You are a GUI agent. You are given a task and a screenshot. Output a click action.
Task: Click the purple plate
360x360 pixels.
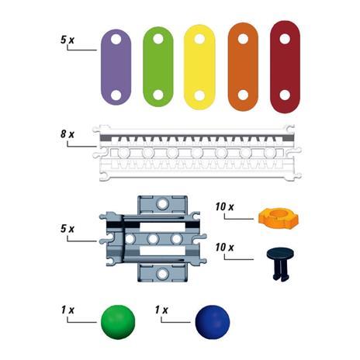coord(116,67)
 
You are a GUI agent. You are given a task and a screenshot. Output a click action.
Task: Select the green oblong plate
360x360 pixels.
coord(157,67)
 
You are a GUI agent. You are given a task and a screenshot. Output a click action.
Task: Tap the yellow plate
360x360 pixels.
coord(199,67)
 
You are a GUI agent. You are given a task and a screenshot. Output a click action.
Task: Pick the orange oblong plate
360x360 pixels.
coord(243,67)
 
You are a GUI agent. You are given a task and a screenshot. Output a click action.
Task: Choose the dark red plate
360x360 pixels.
coord(285,67)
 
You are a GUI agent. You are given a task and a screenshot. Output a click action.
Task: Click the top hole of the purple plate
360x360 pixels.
coord(116,40)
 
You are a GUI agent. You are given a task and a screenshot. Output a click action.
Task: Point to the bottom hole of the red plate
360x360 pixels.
coord(285,95)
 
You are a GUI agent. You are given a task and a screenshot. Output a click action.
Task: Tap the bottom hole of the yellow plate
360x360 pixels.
coord(199,95)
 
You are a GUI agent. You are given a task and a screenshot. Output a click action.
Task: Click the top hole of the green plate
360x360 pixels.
coord(158,39)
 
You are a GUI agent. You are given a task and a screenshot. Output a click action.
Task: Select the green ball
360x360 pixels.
coord(118,322)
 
